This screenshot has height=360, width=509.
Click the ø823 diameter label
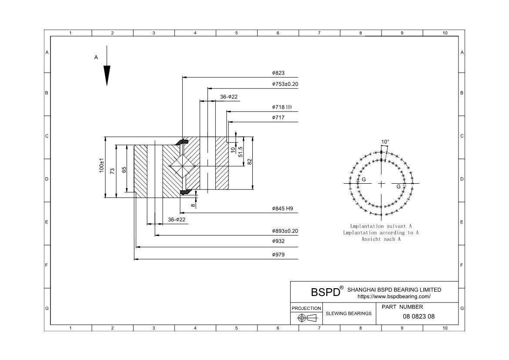click(278, 73)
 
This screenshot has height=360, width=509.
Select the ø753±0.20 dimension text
click(285, 84)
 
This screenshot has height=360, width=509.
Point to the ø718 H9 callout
click(282, 107)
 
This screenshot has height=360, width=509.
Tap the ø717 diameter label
click(278, 118)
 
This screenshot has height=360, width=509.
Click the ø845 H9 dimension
click(282, 209)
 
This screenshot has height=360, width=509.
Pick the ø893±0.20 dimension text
click(285, 231)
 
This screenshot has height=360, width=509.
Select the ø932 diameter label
click(278, 241)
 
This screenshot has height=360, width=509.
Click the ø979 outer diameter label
click(278, 255)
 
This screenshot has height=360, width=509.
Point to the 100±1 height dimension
click(102, 165)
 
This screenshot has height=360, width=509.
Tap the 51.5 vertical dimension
click(241, 152)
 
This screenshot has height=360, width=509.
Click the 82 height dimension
click(250, 161)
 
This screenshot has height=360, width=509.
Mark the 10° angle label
click(385, 142)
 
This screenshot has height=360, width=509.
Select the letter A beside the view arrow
click(96, 57)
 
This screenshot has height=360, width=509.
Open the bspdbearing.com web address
click(394, 296)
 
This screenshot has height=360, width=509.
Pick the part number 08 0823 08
click(419, 316)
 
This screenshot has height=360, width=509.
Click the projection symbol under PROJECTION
click(307, 318)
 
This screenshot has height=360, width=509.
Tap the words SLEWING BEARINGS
click(348, 313)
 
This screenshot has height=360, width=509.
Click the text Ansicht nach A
click(381, 239)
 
